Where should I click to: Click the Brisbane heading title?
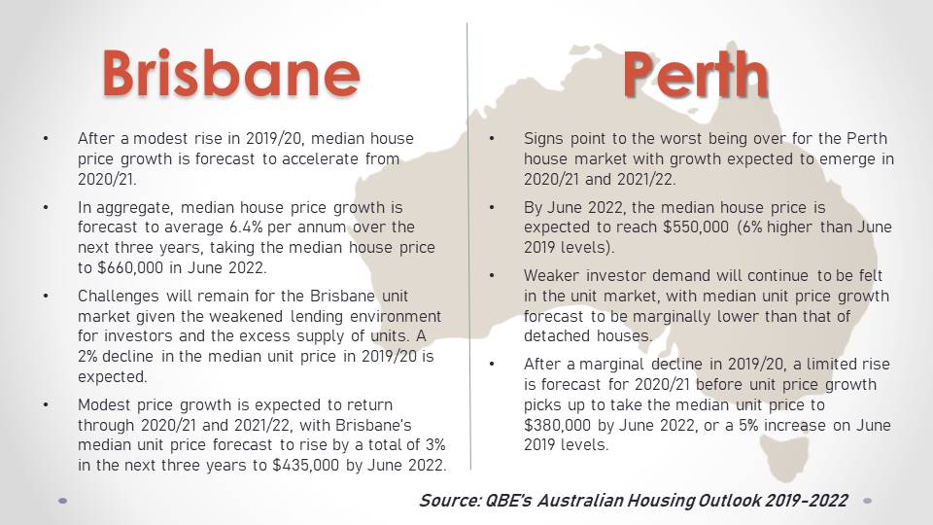click(231, 73)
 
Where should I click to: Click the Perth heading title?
click(696, 75)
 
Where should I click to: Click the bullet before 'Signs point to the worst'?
click(492, 139)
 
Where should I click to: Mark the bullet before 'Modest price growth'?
click(46, 405)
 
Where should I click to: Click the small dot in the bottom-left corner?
click(62, 502)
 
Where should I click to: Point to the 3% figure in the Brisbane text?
click(435, 444)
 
